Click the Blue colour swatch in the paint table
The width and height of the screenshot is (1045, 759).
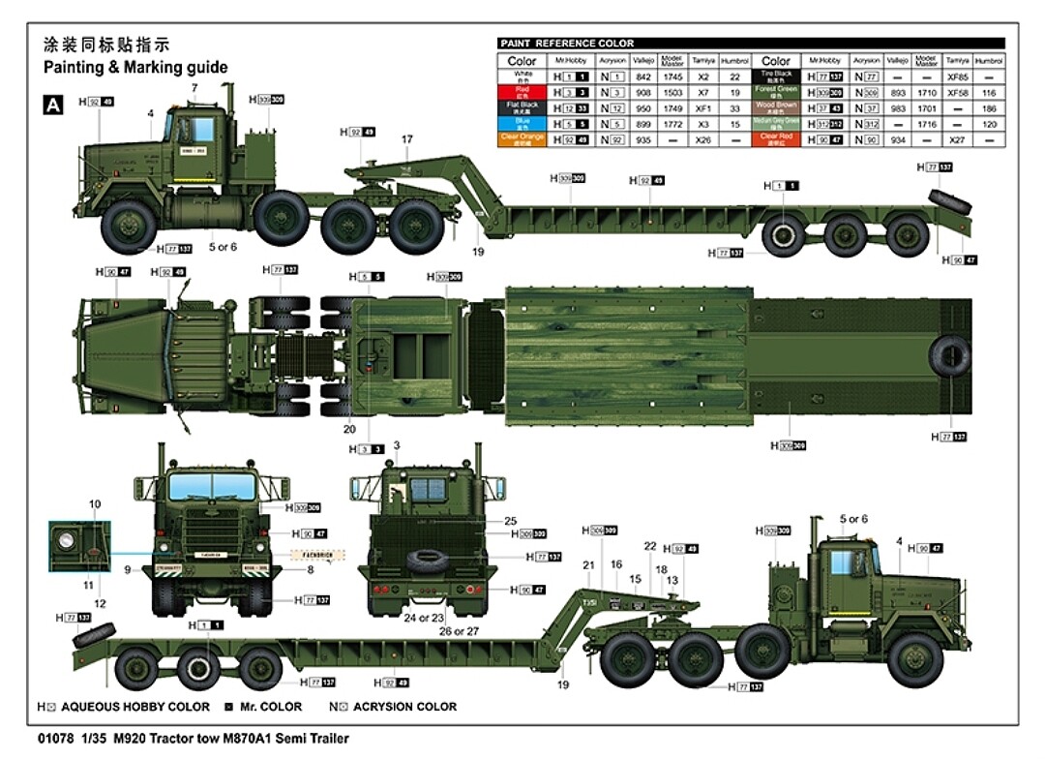tap(522, 124)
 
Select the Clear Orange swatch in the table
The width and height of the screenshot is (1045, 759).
tap(522, 138)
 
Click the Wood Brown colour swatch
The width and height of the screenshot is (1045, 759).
tap(777, 107)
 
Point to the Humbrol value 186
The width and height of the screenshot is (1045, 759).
tap(988, 108)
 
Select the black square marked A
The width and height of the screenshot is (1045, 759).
tap(53, 105)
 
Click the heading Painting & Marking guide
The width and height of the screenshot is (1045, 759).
tap(135, 67)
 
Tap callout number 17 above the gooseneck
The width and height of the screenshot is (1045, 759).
tap(407, 139)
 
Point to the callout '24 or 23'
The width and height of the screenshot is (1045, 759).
tap(426, 616)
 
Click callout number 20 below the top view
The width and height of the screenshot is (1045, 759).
tap(349, 428)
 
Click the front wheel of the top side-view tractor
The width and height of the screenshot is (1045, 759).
tap(129, 228)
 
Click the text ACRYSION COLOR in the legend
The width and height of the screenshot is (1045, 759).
tap(404, 707)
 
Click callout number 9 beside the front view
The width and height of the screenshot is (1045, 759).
tap(127, 569)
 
